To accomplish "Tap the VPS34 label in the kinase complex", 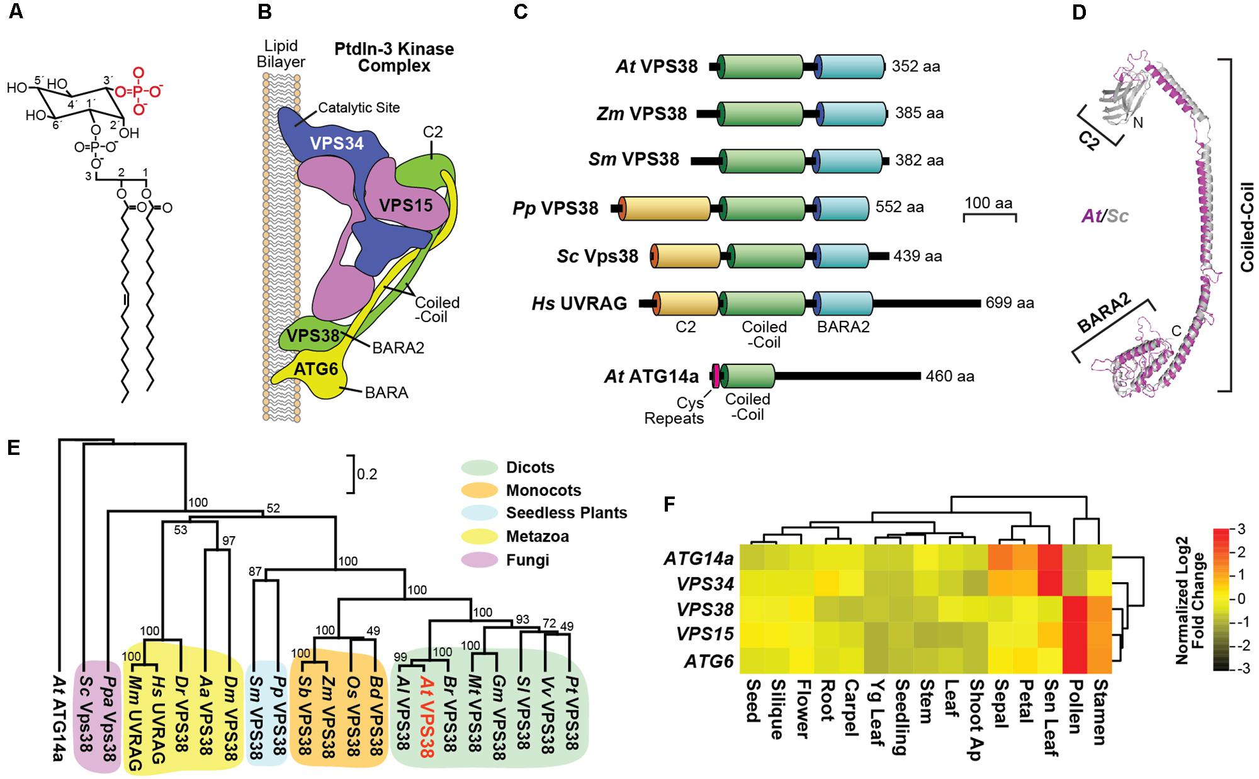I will click(337, 143).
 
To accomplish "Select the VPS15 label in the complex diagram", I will click(405, 205).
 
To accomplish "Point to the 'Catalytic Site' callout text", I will click(359, 108).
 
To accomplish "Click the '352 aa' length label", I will click(916, 66).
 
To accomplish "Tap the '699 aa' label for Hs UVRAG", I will click(1010, 303).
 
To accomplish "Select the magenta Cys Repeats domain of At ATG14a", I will click(716, 376).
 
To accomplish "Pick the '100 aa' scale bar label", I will click(988, 203).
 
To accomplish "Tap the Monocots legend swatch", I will click(480, 491).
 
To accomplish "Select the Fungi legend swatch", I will click(480, 560).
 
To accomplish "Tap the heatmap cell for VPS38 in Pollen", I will click(1075, 608).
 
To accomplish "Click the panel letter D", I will click(1080, 12).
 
